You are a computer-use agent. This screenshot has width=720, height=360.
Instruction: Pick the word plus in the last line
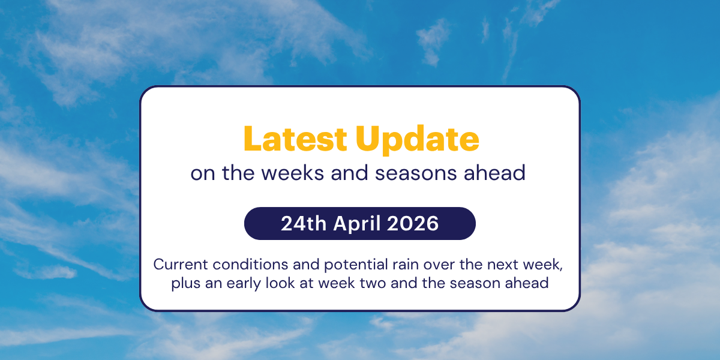point(185,283)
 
